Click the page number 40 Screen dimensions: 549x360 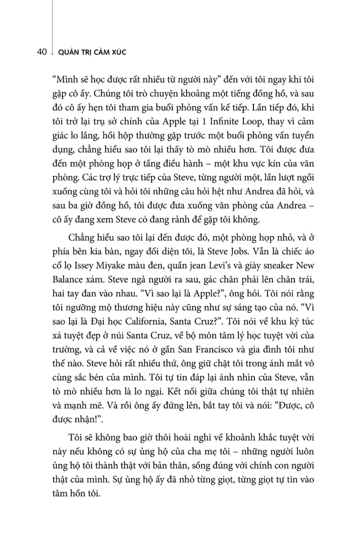[40, 53]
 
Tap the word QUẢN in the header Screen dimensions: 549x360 [66, 53]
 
